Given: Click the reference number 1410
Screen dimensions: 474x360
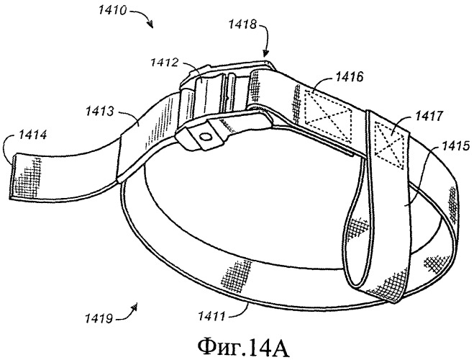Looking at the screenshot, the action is click(x=112, y=10).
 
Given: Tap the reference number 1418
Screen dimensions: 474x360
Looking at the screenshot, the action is click(x=242, y=24).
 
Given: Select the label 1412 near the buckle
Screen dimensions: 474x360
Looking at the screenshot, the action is click(x=165, y=63).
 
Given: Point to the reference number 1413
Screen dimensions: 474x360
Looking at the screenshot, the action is click(x=99, y=111).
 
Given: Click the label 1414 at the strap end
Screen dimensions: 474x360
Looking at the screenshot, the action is click(x=32, y=135).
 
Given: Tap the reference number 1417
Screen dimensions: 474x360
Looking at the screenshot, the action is click(x=429, y=116).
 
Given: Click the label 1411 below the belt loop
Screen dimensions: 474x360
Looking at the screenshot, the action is click(x=211, y=316).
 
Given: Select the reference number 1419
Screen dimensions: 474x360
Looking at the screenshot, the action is click(x=99, y=318).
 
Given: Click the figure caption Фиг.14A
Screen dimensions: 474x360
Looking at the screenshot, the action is click(x=244, y=347).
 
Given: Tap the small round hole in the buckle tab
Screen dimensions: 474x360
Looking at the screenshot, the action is click(x=206, y=137).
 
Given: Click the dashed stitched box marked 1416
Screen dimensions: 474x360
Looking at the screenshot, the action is click(x=328, y=115).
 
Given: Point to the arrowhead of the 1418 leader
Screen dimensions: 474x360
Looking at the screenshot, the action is click(x=265, y=55).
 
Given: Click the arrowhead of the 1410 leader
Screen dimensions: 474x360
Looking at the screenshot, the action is click(x=150, y=24).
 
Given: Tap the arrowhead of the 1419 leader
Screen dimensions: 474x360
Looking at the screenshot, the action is click(x=135, y=307).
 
